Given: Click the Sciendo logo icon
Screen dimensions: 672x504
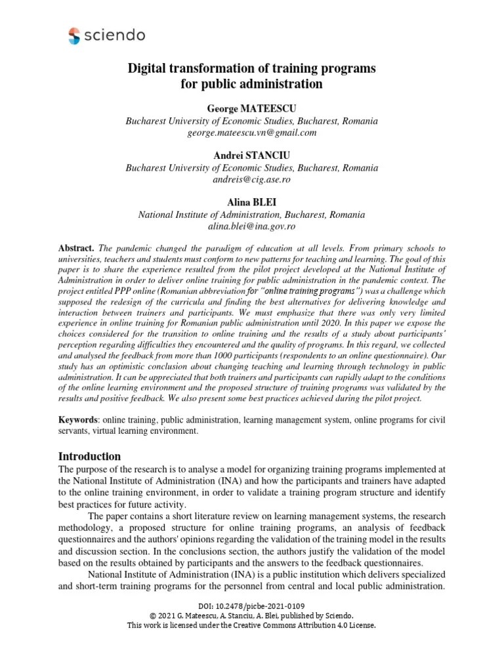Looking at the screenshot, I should (74, 36).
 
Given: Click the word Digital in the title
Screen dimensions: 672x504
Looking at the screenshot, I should (147, 69).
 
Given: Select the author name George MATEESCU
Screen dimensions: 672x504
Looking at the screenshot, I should (251, 108).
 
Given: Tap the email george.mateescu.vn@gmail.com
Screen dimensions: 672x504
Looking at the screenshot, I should (251, 133).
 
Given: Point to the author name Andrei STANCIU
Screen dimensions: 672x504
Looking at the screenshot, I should (251, 154).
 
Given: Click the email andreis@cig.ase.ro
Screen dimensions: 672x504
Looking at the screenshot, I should (251, 179).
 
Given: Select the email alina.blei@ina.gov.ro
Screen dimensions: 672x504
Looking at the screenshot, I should (251, 226).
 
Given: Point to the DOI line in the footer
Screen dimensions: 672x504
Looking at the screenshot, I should (251, 605).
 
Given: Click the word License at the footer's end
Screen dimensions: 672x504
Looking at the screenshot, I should (362, 625).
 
